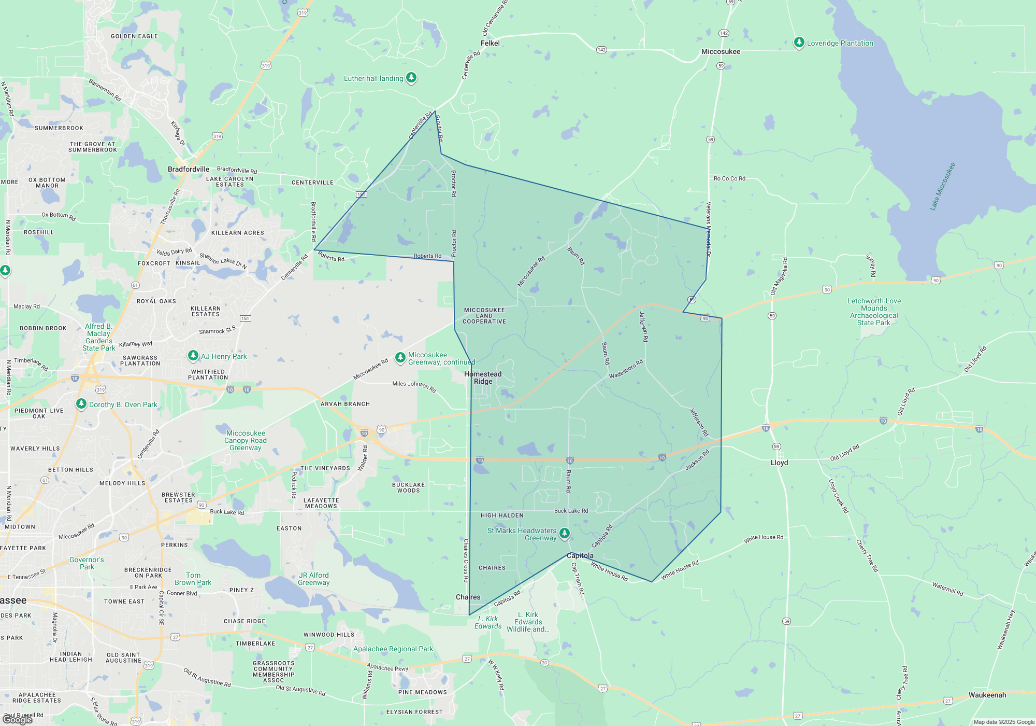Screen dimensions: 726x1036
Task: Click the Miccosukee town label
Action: pos(721,51)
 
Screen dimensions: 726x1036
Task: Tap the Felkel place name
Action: pos(490,43)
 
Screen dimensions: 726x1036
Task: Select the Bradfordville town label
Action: pos(189,169)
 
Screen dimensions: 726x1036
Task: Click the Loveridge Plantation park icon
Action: pos(799,43)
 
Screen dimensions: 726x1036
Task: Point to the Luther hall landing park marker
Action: pos(411,78)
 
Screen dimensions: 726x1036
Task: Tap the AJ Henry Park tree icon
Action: pos(193,355)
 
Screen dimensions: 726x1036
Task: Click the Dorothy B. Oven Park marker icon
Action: pos(81,403)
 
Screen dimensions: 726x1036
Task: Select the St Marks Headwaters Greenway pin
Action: pos(565,533)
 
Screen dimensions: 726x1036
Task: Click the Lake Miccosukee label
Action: pos(942,186)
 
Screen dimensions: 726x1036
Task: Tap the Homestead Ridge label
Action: pos(483,378)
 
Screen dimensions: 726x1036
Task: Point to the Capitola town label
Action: pos(580,555)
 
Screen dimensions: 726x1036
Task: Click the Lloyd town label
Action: pos(779,463)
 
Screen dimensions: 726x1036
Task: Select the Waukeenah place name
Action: pos(987,695)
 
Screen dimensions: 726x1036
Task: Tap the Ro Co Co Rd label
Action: pos(729,178)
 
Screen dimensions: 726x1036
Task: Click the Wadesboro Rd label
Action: pos(626,369)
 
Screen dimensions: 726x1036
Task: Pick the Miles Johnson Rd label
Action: pos(414,386)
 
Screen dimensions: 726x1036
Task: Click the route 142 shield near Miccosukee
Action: pos(724,33)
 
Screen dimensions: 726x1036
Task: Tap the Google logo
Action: pos(18,720)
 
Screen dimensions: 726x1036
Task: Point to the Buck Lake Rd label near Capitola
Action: pos(571,511)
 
